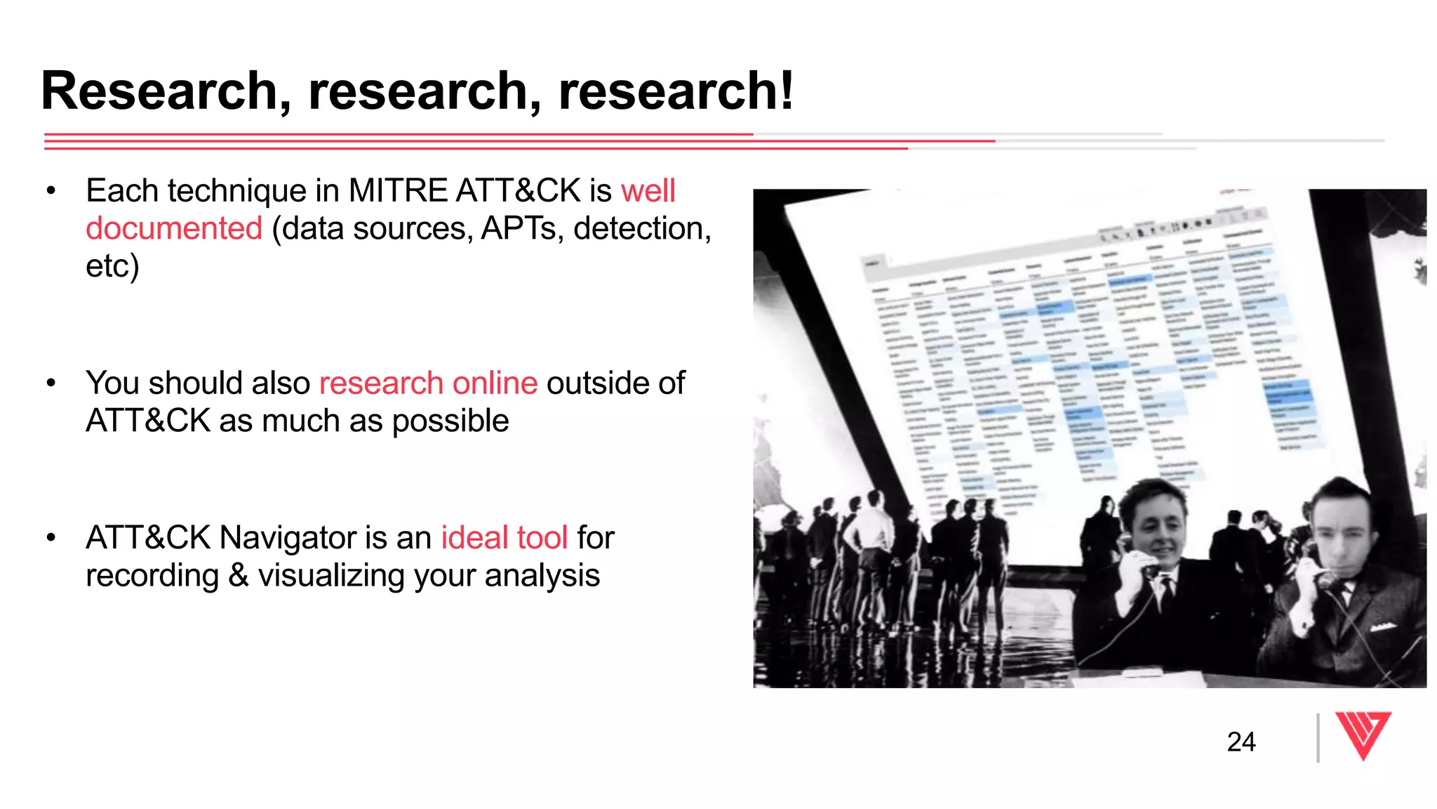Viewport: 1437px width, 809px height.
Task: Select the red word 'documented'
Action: click(174, 229)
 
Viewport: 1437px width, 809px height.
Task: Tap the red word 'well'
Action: click(648, 191)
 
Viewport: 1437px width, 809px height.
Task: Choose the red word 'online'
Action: click(495, 383)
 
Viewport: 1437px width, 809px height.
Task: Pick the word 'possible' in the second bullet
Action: click(450, 421)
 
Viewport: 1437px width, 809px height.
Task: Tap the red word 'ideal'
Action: click(474, 538)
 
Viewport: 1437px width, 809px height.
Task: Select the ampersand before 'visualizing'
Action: click(239, 576)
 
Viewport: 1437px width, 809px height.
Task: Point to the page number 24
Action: click(1241, 742)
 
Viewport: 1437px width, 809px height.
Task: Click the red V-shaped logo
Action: click(1363, 735)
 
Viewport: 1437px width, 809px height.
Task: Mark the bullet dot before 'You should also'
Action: click(51, 383)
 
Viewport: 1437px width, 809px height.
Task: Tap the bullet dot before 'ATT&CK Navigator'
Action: click(51, 538)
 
